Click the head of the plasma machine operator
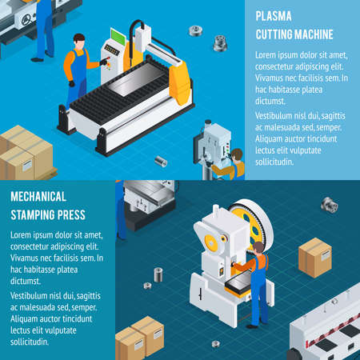coord(78,40)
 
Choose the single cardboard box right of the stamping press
coord(314,258)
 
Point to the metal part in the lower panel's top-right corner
coord(330,206)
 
